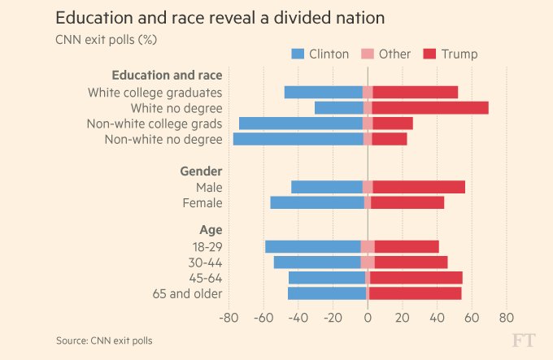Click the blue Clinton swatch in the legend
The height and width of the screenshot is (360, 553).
pos(298,54)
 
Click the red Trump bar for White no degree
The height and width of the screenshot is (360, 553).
pos(430,108)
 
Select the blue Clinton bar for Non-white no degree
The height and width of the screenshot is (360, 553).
pos(298,139)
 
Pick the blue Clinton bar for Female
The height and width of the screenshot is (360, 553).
pos(317,203)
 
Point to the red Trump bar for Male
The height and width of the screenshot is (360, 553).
pos(419,187)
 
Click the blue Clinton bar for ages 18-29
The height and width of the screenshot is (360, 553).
pos(313,247)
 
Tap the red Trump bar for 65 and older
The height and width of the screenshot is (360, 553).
pos(416,293)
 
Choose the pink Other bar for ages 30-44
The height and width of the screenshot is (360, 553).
pos(368,262)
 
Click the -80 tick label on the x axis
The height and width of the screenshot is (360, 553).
pos(229,317)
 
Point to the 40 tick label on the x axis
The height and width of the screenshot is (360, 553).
pos(437,317)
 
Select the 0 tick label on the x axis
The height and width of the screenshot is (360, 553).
pos(368,317)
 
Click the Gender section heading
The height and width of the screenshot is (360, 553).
pos(200,171)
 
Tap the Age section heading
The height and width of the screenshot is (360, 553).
pos(211,230)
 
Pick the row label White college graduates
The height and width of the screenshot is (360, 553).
pos(155,93)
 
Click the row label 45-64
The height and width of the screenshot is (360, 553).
pos(205,278)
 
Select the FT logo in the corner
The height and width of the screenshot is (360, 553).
pos(524,340)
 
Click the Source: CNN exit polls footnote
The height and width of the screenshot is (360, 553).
pos(104,340)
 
